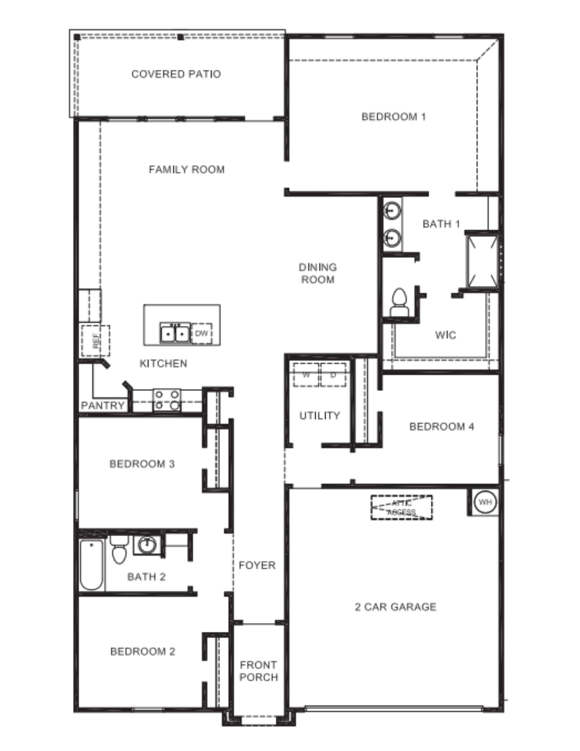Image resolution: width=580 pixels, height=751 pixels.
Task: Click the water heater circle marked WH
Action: click(485, 501)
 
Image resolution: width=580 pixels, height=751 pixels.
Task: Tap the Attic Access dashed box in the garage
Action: click(401, 508)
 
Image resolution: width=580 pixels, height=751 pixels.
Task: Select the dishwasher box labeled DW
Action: click(201, 333)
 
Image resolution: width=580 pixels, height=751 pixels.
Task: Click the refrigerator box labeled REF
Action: click(95, 341)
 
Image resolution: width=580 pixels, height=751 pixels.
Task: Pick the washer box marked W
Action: click(306, 375)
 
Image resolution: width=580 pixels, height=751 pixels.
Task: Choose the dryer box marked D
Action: click(333, 375)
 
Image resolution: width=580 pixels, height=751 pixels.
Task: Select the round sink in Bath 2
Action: click(147, 545)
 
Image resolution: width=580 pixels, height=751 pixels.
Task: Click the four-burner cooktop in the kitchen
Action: click(167, 400)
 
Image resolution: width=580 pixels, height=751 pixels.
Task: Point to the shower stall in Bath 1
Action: click(482, 261)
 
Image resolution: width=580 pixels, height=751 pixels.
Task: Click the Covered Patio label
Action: click(176, 74)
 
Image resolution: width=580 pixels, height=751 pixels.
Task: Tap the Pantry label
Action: click(103, 406)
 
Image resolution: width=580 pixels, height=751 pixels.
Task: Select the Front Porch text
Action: click(258, 671)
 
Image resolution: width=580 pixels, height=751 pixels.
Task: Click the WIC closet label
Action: click(445, 335)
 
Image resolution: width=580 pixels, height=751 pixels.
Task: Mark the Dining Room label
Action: click(317, 273)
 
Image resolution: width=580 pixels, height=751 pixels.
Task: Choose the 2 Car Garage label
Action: click(396, 607)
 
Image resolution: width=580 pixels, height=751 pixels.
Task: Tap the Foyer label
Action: click(257, 565)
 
